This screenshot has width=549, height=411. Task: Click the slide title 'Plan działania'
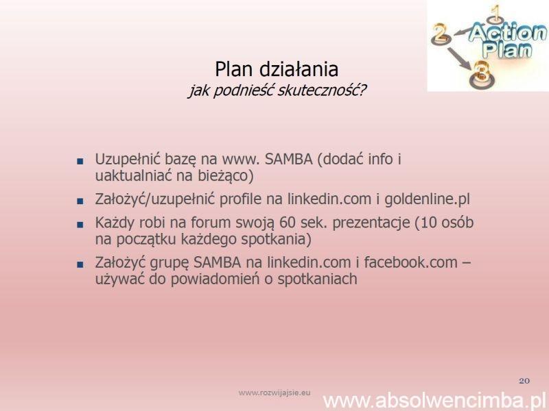tap(277, 69)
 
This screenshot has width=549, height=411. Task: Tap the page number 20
tap(524, 381)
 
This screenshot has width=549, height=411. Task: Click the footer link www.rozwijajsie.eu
tap(274, 393)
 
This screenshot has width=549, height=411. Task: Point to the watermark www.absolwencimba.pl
tap(434, 401)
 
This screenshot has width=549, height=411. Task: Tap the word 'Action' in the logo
tap(507, 33)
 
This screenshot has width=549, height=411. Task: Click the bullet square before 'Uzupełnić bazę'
tap(80, 162)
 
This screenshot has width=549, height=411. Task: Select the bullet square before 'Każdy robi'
tap(80, 225)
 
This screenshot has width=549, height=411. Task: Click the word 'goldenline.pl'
tap(427, 199)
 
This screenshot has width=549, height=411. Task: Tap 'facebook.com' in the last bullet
tap(410, 262)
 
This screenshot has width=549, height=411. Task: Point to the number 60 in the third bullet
tap(288, 223)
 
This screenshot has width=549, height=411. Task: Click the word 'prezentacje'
tap(371, 223)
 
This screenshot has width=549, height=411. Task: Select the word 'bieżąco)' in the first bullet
tap(226, 176)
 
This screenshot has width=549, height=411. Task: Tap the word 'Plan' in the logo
tap(506, 49)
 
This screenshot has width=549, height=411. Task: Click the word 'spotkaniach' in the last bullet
tap(317, 279)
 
